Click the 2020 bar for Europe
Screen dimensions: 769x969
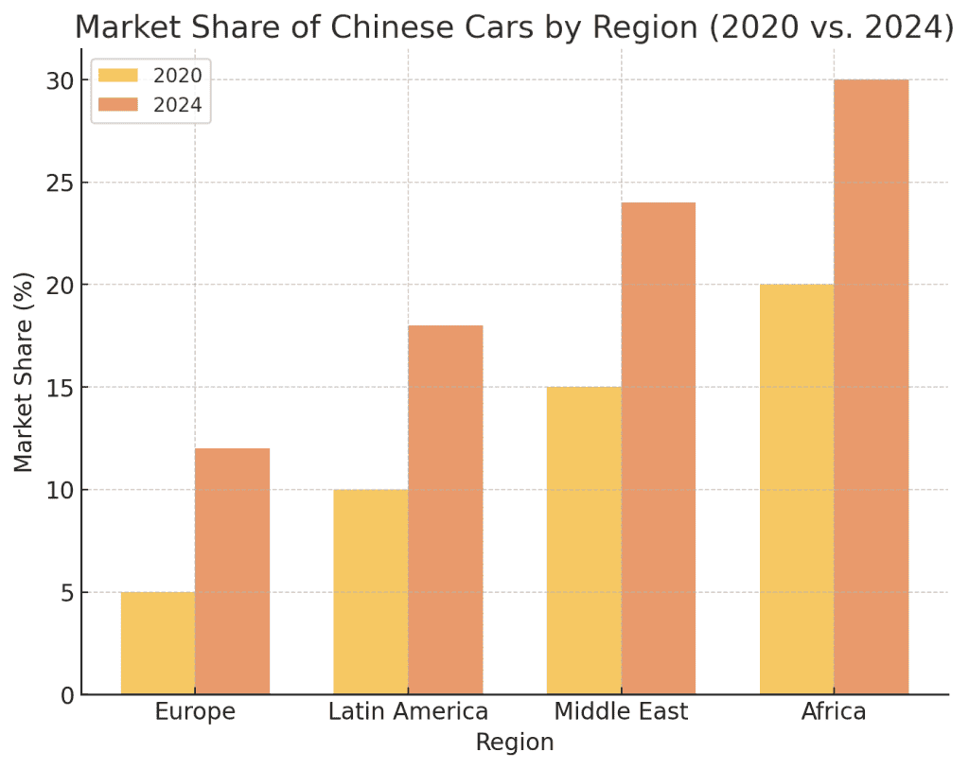pos(158,643)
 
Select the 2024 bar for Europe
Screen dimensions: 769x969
pos(232,571)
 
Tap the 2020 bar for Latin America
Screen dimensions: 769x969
pos(371,592)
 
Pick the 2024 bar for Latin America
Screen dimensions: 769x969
pos(445,510)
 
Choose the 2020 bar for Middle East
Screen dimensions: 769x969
pos(584,541)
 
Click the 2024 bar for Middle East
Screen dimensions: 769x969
pos(658,448)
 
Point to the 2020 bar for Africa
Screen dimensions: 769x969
pos(797,489)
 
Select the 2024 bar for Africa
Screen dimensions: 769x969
pos(871,387)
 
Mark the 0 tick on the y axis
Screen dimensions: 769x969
pos(67,695)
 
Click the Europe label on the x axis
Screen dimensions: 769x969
pos(195,712)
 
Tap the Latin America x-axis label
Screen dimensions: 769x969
pos(408,712)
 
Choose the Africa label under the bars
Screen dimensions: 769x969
pos(834,712)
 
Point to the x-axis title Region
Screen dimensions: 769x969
pos(515,743)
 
